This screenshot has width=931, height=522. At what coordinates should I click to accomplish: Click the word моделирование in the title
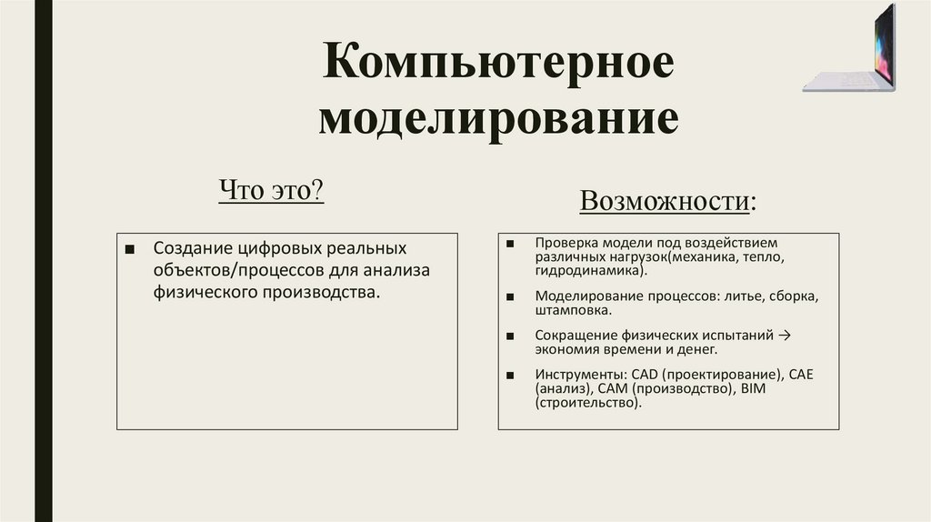[x=498, y=119]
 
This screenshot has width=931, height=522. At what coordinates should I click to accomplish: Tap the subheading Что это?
[x=273, y=192]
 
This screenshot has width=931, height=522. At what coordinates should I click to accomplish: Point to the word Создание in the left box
[x=192, y=248]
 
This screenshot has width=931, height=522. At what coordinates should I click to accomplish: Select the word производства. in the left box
[x=319, y=293]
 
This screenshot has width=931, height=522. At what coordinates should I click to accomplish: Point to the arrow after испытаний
[x=786, y=336]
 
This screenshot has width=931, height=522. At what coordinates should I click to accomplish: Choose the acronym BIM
[x=755, y=388]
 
